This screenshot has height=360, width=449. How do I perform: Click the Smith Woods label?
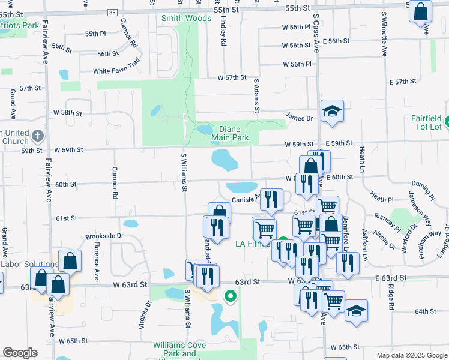tap(186, 18)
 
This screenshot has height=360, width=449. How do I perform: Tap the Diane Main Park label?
tap(230, 133)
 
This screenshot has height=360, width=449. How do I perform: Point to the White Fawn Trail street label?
tap(116, 71)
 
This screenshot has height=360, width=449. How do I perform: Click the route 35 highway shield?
tap(112, 12)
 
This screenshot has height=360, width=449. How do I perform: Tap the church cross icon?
tap(38, 135)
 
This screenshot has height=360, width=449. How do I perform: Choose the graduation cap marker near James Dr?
tap(332, 111)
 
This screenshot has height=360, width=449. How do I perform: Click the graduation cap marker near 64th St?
tap(356, 311)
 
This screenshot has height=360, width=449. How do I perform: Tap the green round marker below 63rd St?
tap(229, 296)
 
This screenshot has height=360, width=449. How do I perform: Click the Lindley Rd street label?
tap(223, 35)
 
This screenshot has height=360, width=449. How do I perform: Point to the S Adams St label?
tap(256, 98)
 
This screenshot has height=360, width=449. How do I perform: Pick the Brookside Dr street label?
tap(104, 236)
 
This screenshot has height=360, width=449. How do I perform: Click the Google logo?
tap(20, 352)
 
